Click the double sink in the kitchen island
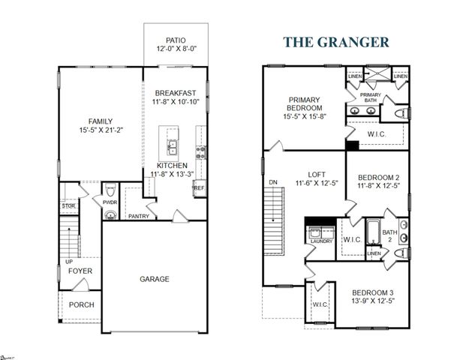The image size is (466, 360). [x=172, y=145]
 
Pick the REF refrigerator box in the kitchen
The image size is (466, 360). [x=199, y=188]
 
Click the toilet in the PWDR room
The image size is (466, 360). [x=110, y=190]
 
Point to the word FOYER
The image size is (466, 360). [x=80, y=271]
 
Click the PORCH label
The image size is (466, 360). [x=81, y=305]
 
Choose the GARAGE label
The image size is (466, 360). [x=154, y=279]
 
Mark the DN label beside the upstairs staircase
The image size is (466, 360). [x=272, y=181]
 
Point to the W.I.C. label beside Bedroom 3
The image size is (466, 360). [x=320, y=304]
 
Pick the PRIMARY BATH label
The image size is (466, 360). [x=370, y=98]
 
